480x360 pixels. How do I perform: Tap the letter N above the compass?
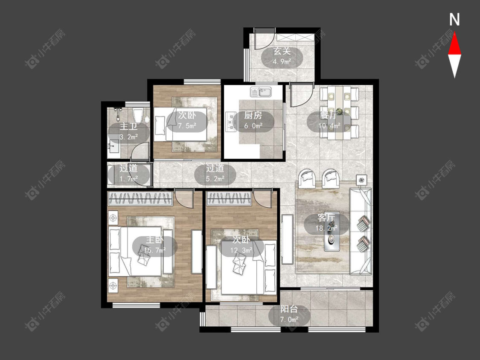click(454, 20)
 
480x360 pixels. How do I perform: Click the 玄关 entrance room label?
click(282, 51)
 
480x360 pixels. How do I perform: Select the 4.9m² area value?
click(282, 61)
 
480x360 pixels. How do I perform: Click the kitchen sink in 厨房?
click(260, 92)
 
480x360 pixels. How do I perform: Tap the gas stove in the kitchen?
click(231, 120)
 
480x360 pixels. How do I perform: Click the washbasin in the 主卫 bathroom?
click(113, 146)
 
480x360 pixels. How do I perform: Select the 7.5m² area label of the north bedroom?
click(187, 125)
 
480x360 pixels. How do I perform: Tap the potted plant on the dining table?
click(339, 111)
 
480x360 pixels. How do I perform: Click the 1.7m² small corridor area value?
click(128, 178)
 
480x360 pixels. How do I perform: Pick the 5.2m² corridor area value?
click(215, 178)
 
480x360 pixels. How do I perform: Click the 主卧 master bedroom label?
click(154, 240)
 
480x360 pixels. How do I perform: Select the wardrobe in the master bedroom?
click(140, 198)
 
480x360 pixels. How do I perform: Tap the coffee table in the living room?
click(332, 232)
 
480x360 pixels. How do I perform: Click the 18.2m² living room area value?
click(326, 228)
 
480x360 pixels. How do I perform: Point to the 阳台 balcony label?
click(289, 309)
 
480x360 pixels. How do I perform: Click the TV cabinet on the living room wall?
click(288, 239)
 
